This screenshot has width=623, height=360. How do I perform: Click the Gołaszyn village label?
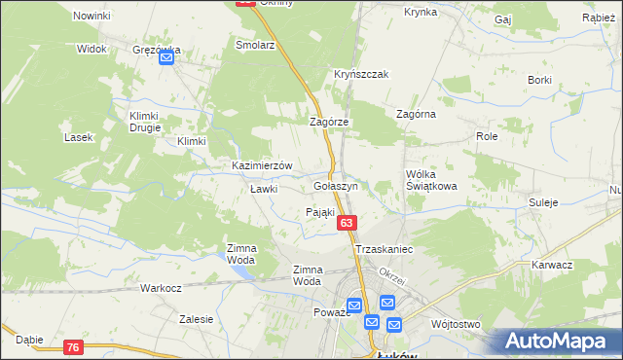tap(336, 185)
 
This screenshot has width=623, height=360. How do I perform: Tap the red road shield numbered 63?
tap(347, 225)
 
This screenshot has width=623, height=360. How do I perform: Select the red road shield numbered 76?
tap(74, 347)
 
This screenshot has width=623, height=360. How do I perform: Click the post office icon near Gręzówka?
tap(166, 58)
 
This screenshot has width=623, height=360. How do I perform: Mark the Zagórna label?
tap(416, 114)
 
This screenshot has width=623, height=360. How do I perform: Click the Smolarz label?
tap(256, 45)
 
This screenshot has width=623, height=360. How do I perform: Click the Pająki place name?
tap(320, 212)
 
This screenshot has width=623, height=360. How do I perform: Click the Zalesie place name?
tap(197, 318)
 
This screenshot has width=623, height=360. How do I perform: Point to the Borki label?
tap(539, 79)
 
